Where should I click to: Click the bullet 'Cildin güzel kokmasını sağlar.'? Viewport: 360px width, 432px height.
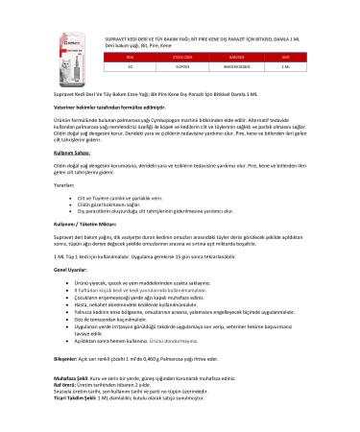click(109, 231)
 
